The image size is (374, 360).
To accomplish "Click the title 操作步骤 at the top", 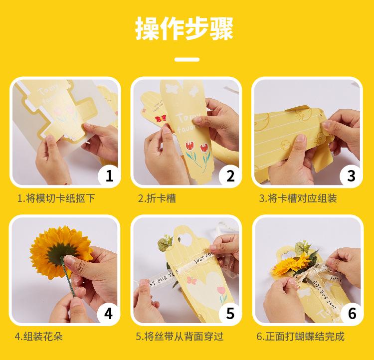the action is coord(184,28).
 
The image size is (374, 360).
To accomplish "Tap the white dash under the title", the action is coord(187,59).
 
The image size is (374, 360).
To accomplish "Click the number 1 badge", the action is coord(109,176).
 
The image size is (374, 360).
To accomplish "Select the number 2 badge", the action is coord(230,176).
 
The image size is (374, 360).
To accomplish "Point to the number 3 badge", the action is coord(351,176).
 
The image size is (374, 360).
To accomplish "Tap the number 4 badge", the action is coord(108,314).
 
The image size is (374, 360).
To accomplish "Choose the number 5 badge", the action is coord(230,314).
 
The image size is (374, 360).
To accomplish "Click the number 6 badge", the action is coord(352,314).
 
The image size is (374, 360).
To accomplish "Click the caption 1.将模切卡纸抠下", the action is coord(56,198).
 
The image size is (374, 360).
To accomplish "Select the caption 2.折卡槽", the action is coord(157,198).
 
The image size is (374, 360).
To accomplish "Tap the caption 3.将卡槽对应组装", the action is coord(298,198).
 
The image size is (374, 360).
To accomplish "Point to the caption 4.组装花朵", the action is coord(38,337).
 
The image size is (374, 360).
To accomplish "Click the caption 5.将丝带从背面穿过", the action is coord(180,337).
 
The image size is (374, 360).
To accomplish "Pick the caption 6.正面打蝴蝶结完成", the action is coord(301,337).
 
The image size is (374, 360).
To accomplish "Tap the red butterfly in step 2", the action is coord(161,118).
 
